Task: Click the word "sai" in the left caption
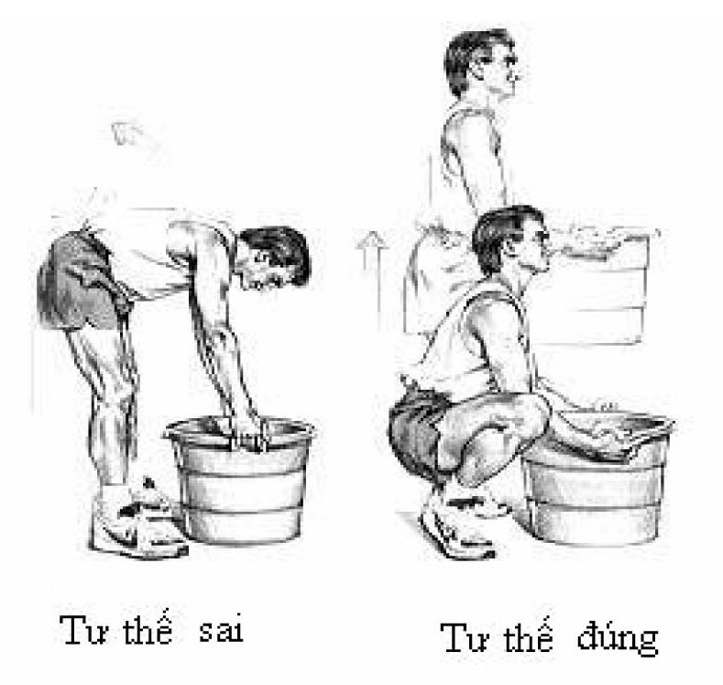[221, 631]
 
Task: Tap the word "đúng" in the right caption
[618, 637]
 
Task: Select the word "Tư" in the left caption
[84, 629]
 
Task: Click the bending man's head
[274, 259]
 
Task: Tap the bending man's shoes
[138, 519]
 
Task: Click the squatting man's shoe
[456, 530]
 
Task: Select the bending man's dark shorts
[79, 279]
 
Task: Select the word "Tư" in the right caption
[466, 638]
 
